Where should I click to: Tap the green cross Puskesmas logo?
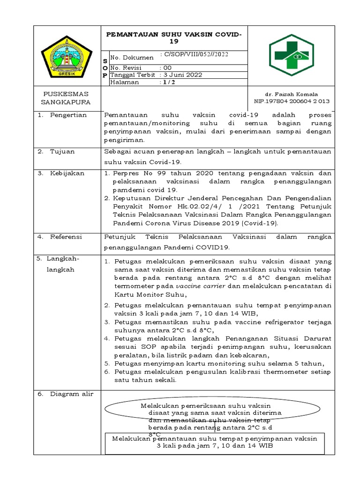tap(291, 55)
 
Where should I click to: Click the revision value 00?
tap(167, 67)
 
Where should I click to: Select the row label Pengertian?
tap(68, 115)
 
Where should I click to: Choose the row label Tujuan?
tap(62, 151)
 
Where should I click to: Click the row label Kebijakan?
tap(67, 173)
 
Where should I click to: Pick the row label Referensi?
tap(66, 237)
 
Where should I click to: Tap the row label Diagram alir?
tap(72, 394)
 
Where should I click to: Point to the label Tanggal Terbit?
tap(132, 75)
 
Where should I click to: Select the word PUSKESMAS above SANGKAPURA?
tap(66, 94)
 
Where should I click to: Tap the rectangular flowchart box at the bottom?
tap(215, 442)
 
